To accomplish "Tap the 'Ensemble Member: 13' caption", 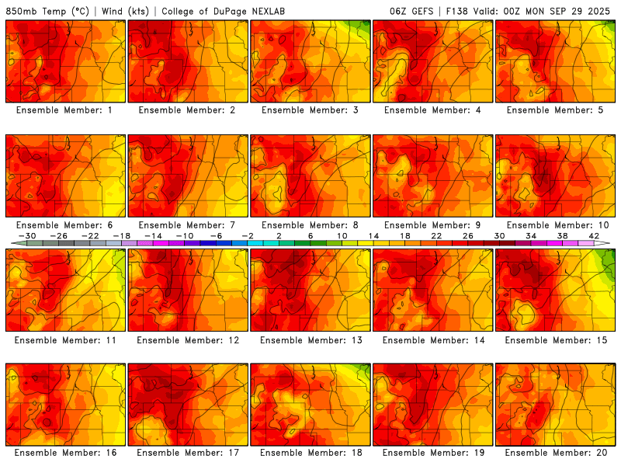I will (310, 339).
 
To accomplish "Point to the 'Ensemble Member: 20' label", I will (555, 453).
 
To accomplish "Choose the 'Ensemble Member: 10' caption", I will (555, 225).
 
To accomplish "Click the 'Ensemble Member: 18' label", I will (310, 453).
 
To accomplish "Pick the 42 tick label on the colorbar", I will (594, 236).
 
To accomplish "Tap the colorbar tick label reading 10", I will (342, 236).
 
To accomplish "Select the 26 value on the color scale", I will (468, 236).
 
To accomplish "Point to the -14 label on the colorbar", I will (154, 236).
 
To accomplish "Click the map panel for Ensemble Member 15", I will (555, 290).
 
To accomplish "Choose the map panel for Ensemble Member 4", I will (432, 61).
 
